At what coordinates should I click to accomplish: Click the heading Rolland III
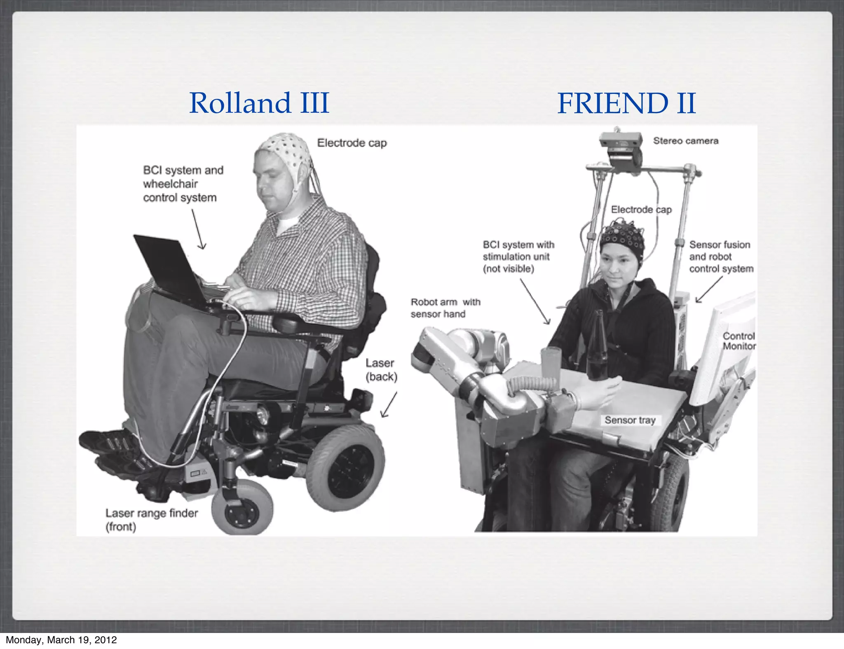(x=259, y=103)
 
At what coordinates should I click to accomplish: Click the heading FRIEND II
(x=626, y=103)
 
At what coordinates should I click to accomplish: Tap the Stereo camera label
(x=685, y=141)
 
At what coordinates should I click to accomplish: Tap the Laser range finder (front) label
(x=151, y=519)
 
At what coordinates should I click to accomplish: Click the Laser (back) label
(x=381, y=369)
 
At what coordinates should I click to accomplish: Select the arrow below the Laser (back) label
(x=389, y=405)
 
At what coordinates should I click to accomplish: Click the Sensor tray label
(x=630, y=420)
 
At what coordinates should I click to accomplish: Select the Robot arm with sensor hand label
(x=445, y=308)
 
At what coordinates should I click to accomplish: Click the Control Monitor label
(x=739, y=341)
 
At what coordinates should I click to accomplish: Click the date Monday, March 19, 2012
(x=61, y=640)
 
